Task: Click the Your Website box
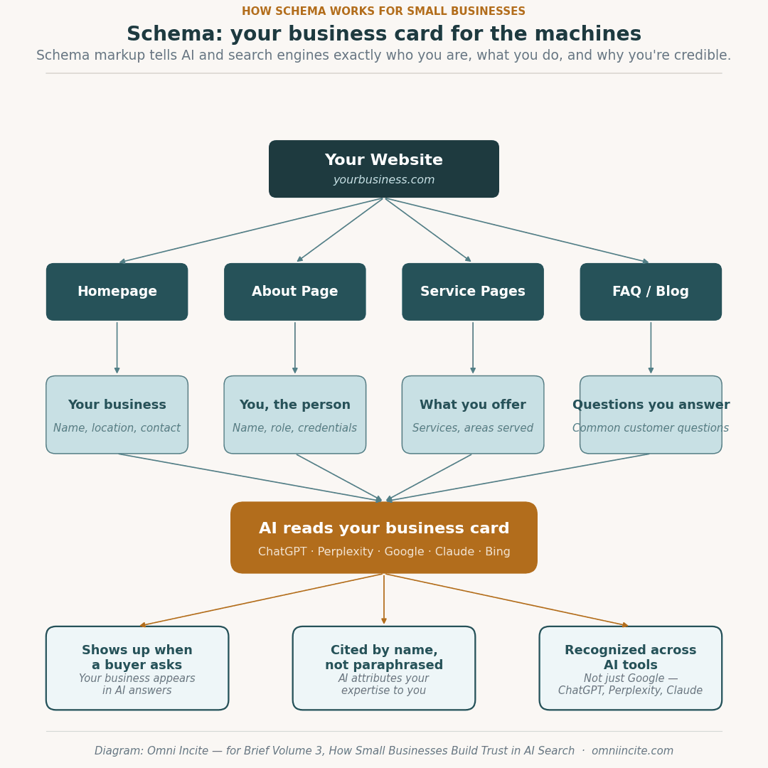pos(384,169)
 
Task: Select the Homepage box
pos(117,292)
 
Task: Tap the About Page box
pos(295,292)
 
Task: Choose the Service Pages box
pos(473,292)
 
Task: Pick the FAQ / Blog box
pos(651,292)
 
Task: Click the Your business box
pos(117,415)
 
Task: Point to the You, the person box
pos(295,415)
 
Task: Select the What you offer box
pos(473,415)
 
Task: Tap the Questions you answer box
pos(651,415)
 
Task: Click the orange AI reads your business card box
pos(384,537)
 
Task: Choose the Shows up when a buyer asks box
pos(137,668)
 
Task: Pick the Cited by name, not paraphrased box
pos(384,668)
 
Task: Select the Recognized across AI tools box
pos(631,668)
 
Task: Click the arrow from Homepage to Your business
pos(117,348)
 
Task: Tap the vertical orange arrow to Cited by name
pos(384,599)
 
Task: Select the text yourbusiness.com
pos(384,181)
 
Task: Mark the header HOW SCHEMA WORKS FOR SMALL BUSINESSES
pos(384,11)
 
